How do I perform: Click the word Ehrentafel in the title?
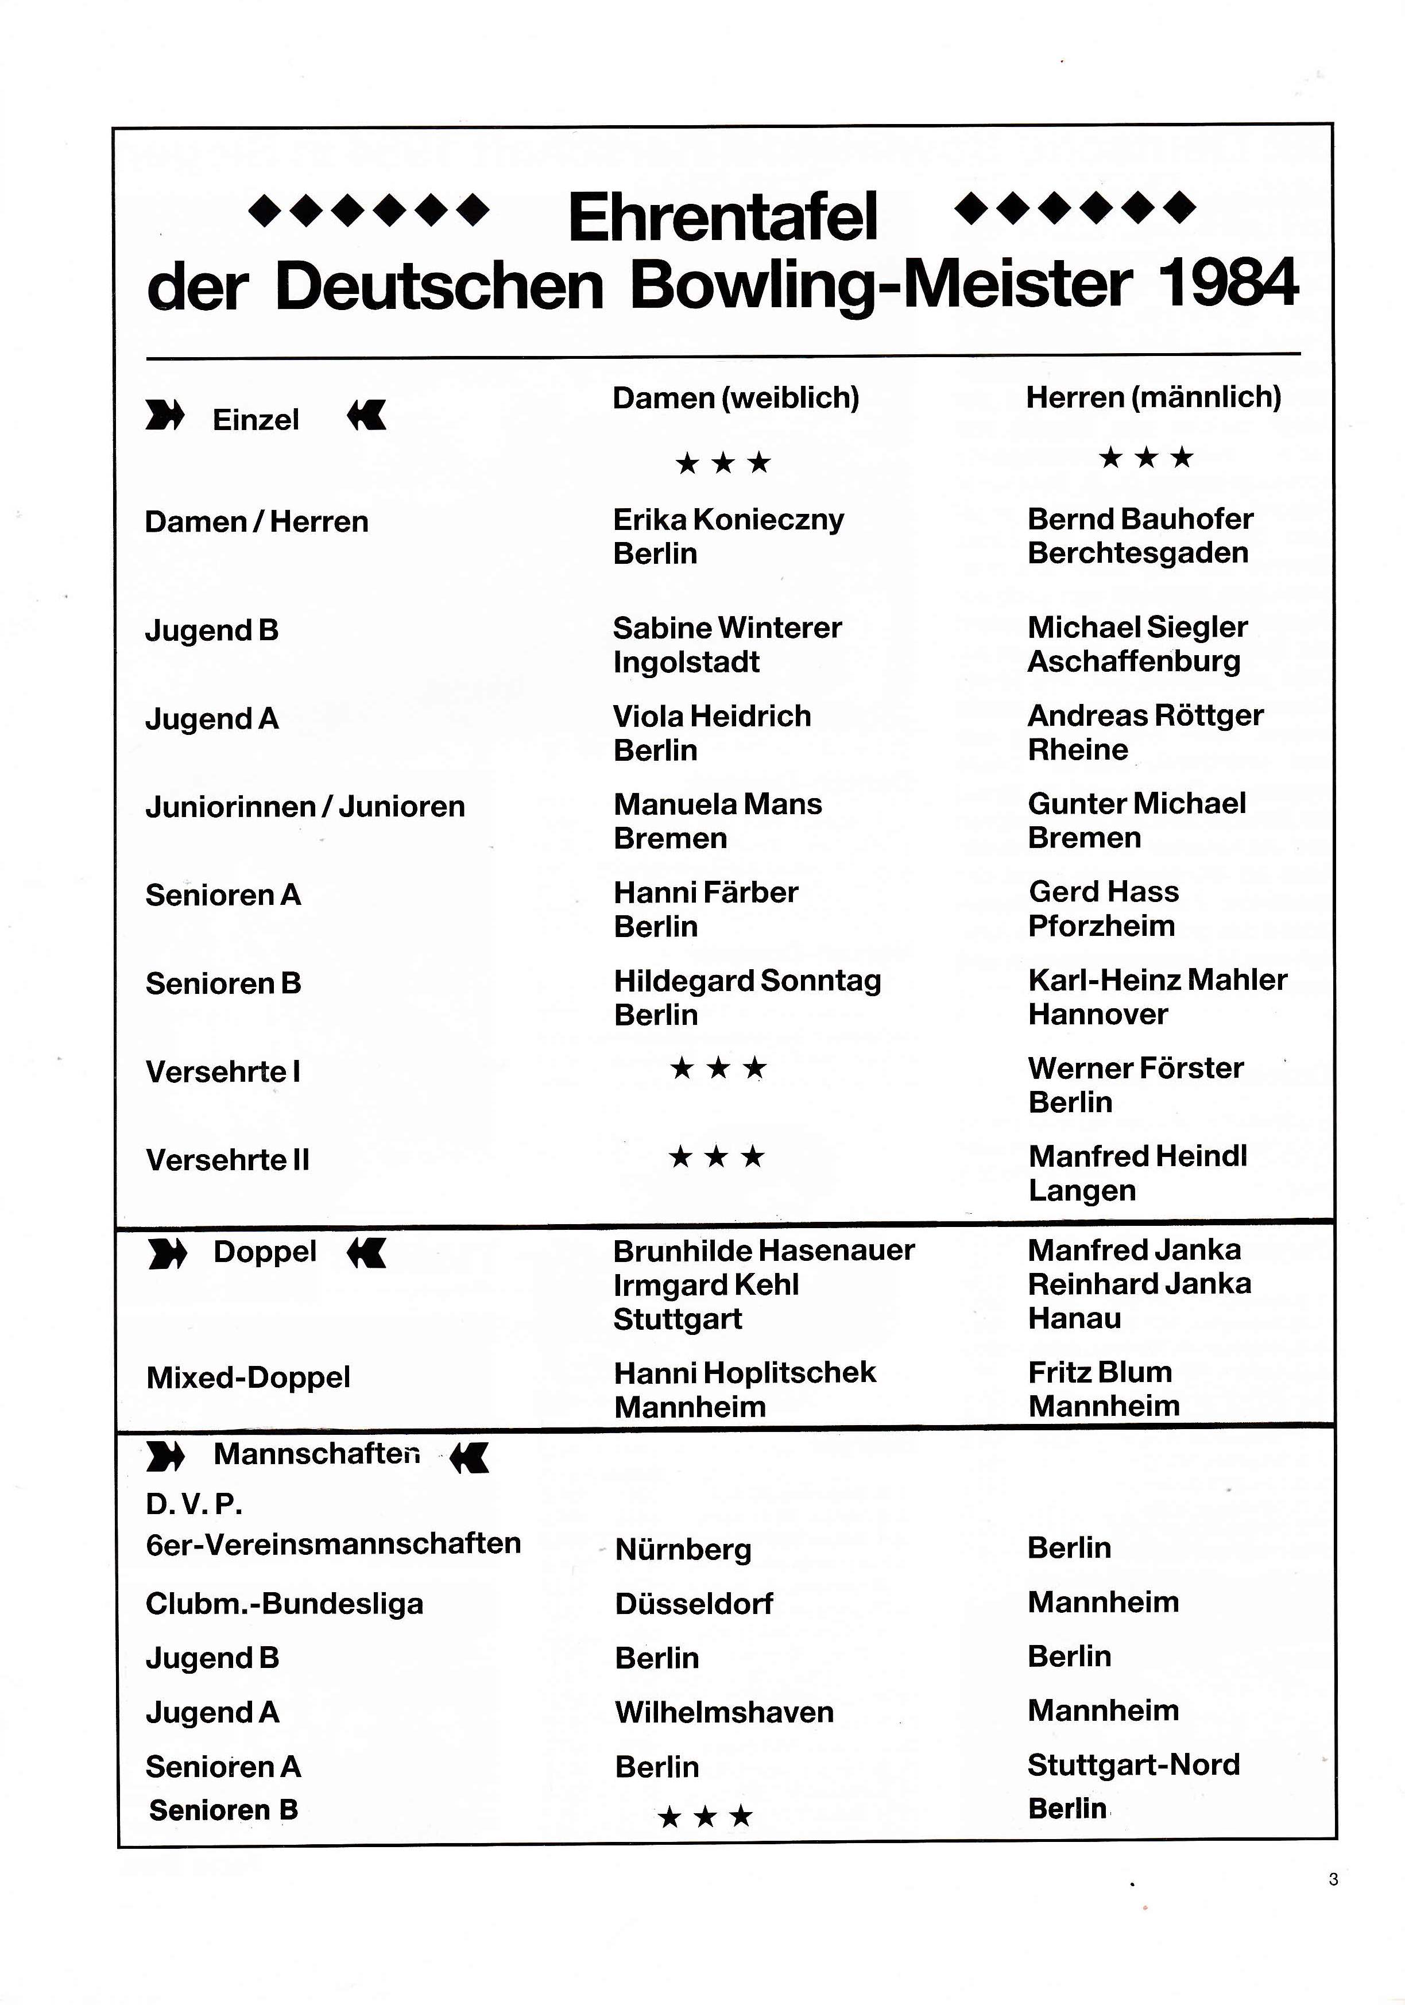tap(722, 218)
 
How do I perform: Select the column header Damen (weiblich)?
tap(736, 398)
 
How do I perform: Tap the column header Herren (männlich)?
tap(1152, 397)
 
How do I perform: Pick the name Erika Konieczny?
tap(728, 520)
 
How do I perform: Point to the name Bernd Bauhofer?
tap(1140, 518)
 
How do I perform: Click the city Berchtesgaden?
tap(1137, 553)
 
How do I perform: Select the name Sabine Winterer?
tap(726, 628)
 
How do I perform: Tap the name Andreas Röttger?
tap(1145, 715)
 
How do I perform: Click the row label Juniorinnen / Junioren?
tap(305, 806)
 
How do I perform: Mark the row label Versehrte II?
tap(227, 1160)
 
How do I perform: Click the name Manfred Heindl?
tap(1137, 1156)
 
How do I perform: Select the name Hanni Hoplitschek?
tap(744, 1373)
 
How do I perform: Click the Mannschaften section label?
tap(316, 1454)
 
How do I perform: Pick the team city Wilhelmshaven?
tap(724, 1712)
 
